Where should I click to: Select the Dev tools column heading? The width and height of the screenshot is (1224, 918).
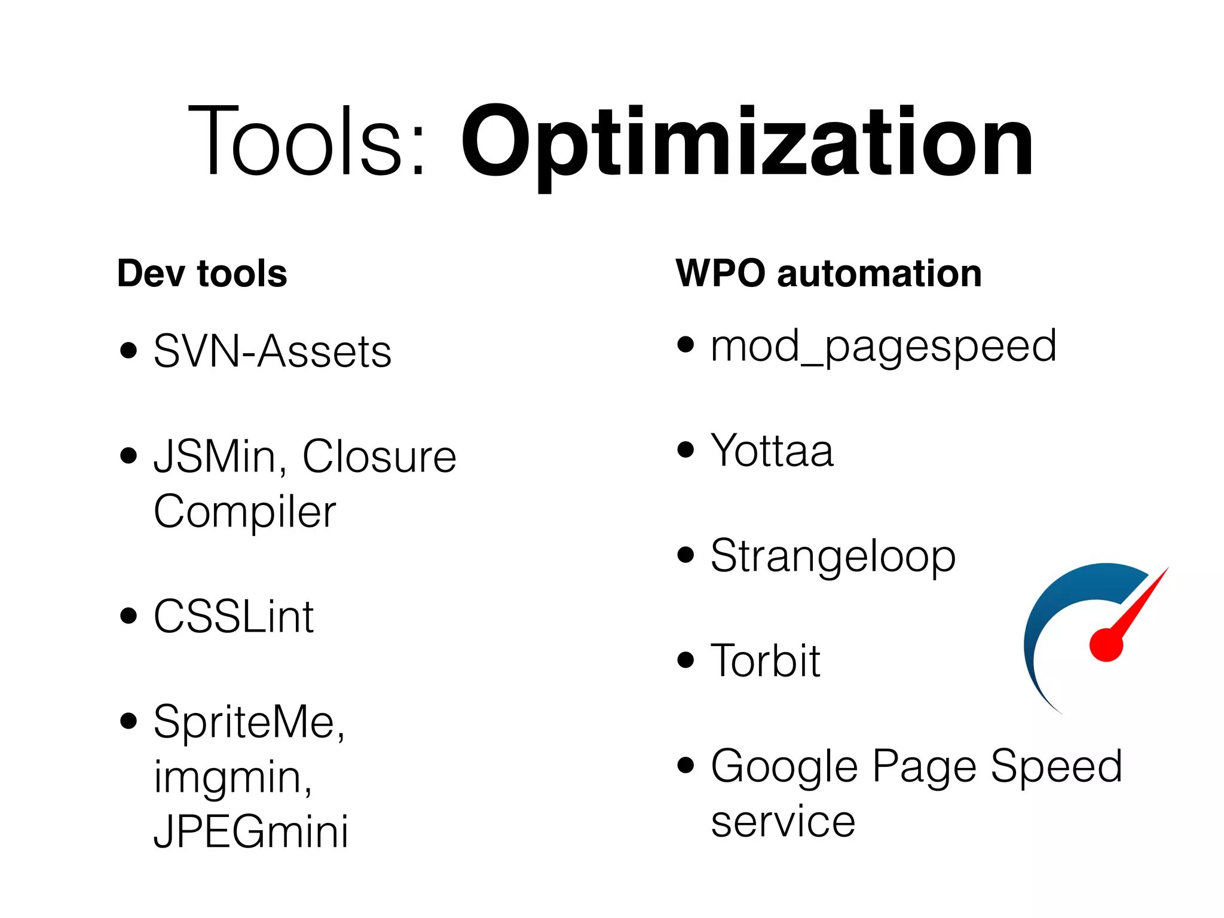click(202, 274)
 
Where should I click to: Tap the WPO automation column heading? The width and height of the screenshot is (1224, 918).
click(828, 274)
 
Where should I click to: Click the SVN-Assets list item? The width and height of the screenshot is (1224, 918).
click(273, 351)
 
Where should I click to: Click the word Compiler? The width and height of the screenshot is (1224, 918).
click(245, 512)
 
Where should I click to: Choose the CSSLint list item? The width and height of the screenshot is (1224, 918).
click(234, 617)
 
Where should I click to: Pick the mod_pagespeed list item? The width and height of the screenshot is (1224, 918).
click(883, 347)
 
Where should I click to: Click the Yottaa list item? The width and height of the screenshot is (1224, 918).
click(772, 451)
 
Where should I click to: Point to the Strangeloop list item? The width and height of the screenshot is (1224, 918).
click(833, 556)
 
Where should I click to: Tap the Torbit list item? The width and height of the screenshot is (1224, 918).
click(766, 661)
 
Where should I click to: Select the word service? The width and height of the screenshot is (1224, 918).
click(783, 822)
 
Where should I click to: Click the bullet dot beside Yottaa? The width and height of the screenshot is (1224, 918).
click(686, 449)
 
